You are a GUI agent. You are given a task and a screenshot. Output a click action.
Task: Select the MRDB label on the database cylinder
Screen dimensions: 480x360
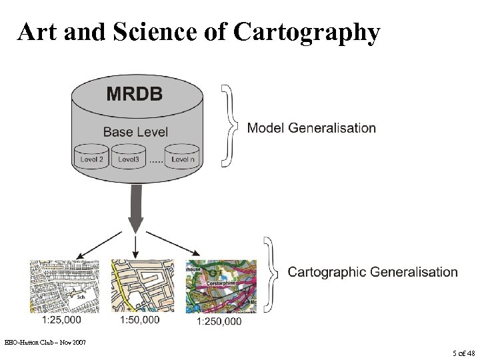(135, 93)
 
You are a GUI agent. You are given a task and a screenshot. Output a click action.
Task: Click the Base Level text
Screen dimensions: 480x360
(135, 131)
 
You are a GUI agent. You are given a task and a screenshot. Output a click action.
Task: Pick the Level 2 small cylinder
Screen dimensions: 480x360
(92, 157)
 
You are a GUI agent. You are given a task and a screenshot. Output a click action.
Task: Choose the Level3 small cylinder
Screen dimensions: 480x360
(129, 157)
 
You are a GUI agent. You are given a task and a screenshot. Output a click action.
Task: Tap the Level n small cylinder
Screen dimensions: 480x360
(182, 157)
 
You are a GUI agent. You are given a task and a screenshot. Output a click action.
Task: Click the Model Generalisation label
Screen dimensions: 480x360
(311, 127)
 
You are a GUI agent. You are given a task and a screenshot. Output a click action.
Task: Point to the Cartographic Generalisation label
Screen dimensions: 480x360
(373, 272)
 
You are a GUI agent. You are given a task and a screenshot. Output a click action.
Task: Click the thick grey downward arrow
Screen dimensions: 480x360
(136, 207)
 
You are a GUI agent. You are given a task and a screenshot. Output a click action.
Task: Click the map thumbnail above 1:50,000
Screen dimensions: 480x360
(141, 287)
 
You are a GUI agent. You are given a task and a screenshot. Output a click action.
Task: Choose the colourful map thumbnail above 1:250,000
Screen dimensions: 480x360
(221, 287)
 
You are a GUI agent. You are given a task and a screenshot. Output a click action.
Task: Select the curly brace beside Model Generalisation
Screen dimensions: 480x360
(229, 125)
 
